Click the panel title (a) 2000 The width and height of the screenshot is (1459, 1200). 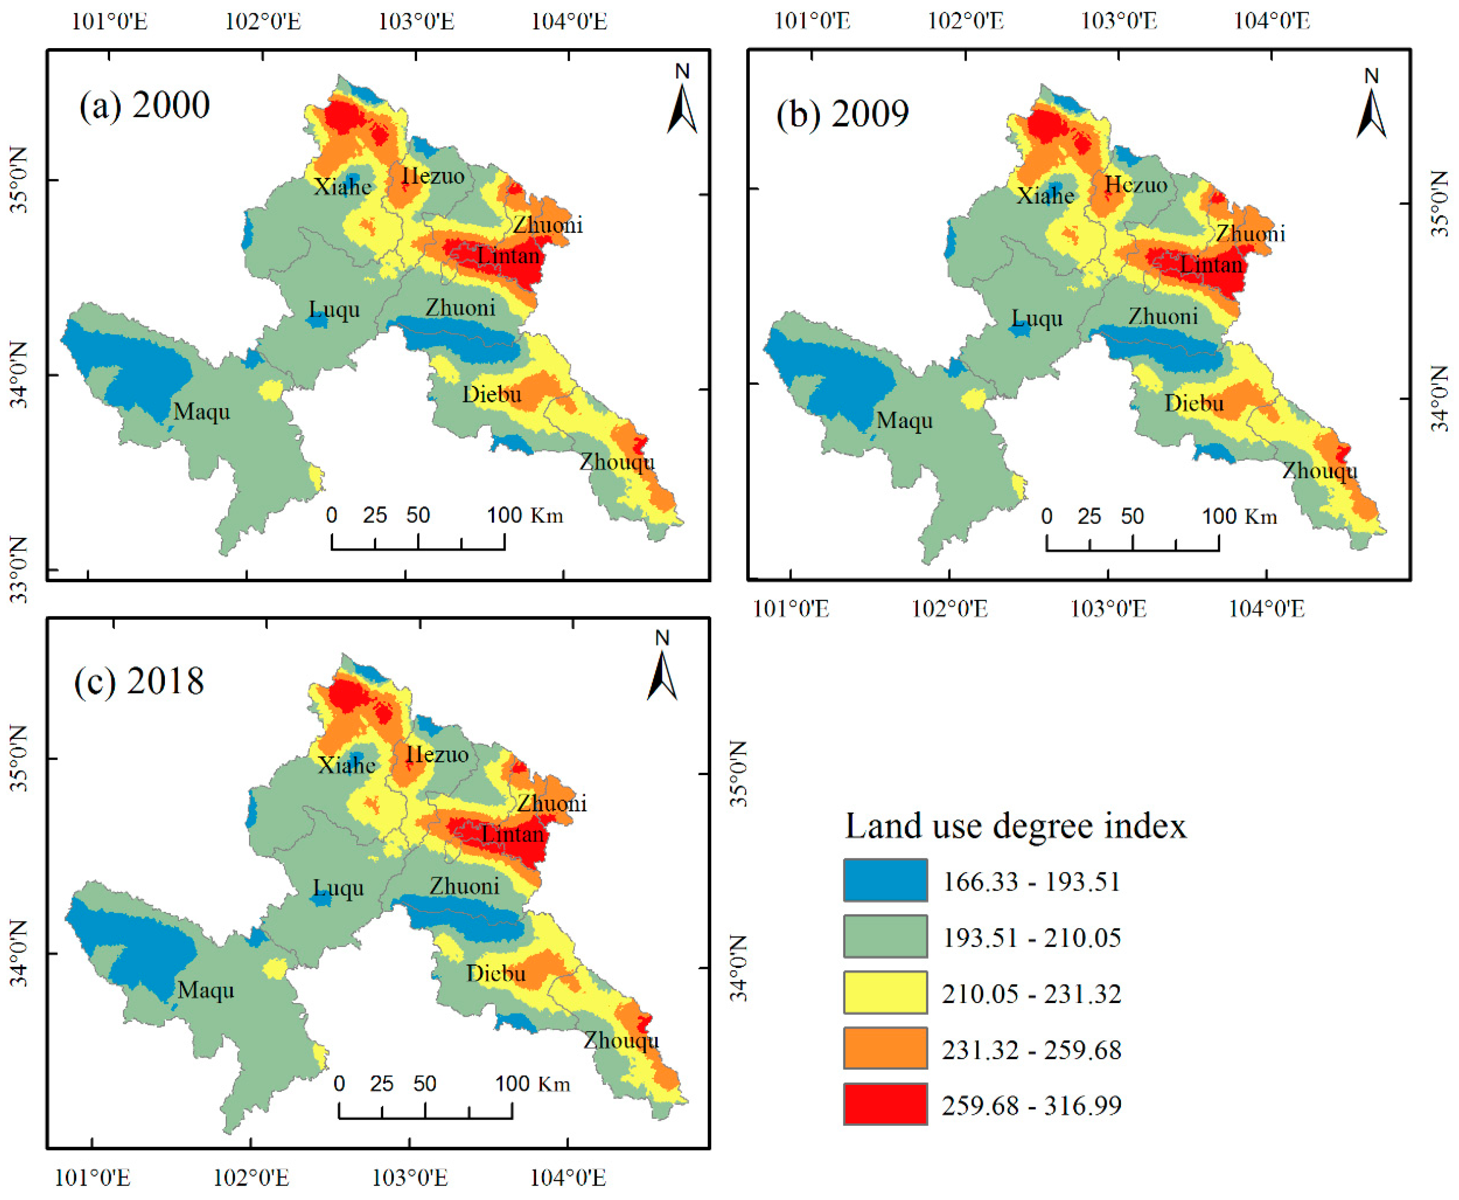click(x=144, y=106)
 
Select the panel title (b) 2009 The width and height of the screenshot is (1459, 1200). click(x=842, y=114)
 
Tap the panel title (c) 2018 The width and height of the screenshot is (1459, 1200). click(x=139, y=682)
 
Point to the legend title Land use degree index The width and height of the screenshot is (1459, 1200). click(x=1015, y=826)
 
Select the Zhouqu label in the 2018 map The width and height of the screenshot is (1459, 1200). click(x=621, y=1041)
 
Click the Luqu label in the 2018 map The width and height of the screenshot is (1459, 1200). click(x=338, y=888)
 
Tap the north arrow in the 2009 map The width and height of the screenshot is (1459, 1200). click(x=1371, y=111)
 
